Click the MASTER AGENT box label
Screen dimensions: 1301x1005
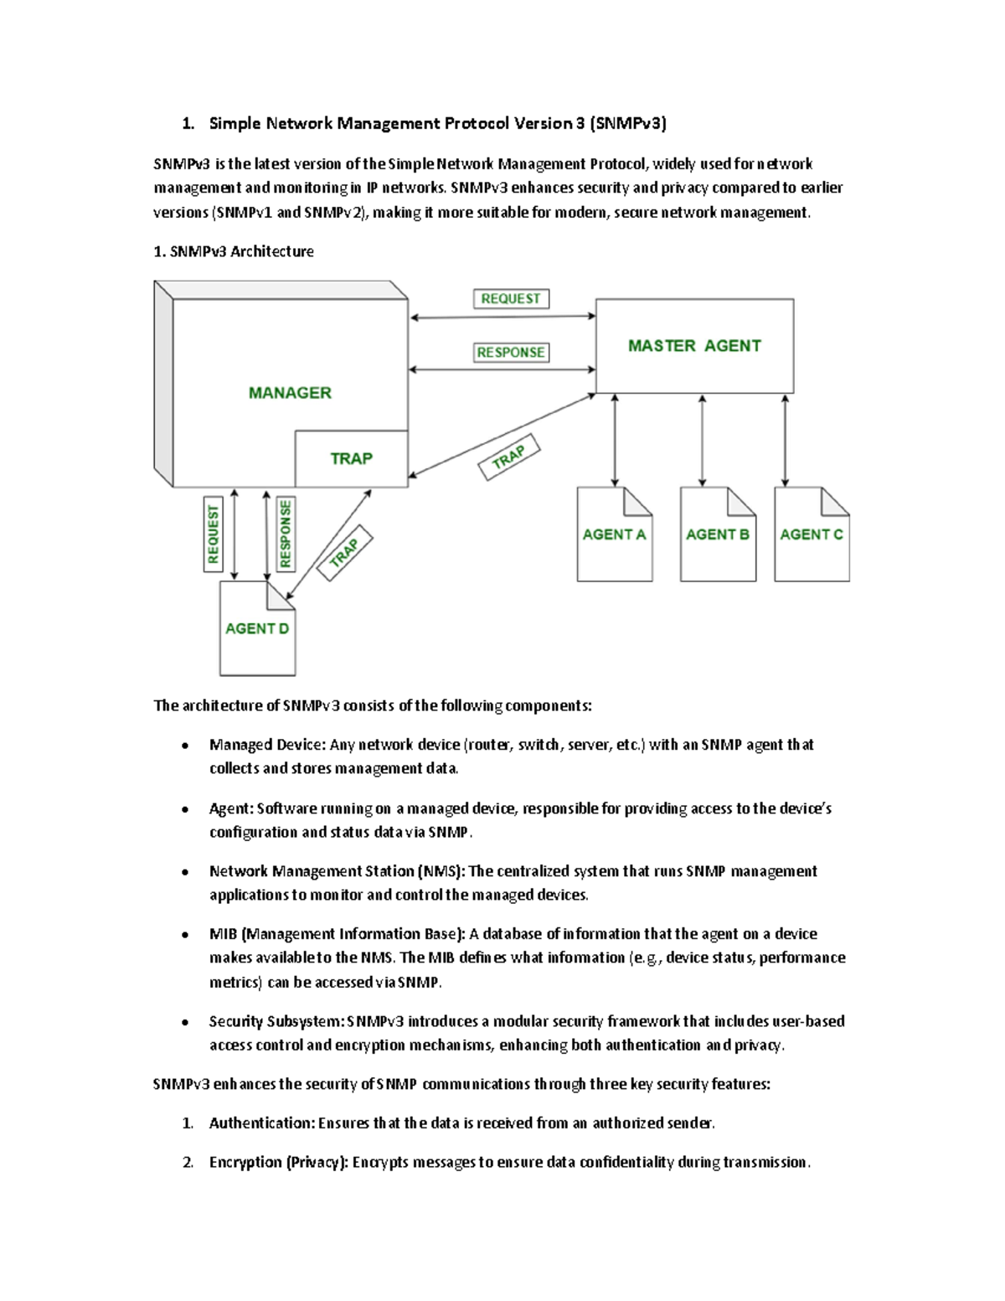click(694, 346)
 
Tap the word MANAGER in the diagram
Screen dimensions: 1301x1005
click(290, 393)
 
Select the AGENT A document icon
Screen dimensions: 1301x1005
click(614, 534)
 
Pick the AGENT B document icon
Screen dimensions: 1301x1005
click(718, 534)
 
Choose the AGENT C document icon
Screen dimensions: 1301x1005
click(812, 534)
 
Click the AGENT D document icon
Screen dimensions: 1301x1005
click(257, 629)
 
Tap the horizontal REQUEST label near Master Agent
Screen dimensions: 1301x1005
click(511, 299)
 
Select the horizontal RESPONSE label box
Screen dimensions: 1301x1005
click(511, 353)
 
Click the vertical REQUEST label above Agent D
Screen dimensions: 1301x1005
click(213, 534)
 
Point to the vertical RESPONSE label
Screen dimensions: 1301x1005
click(286, 534)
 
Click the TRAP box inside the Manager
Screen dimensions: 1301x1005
click(351, 459)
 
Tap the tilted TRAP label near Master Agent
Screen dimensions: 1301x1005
click(509, 457)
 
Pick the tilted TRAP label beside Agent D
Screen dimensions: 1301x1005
click(344, 553)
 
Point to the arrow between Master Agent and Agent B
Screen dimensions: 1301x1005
click(702, 441)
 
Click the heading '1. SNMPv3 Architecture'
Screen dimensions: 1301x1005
click(234, 251)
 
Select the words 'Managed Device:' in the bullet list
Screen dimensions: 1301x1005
click(267, 745)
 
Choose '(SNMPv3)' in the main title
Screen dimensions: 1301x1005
click(628, 124)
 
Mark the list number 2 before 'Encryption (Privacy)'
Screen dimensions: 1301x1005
click(188, 1163)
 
